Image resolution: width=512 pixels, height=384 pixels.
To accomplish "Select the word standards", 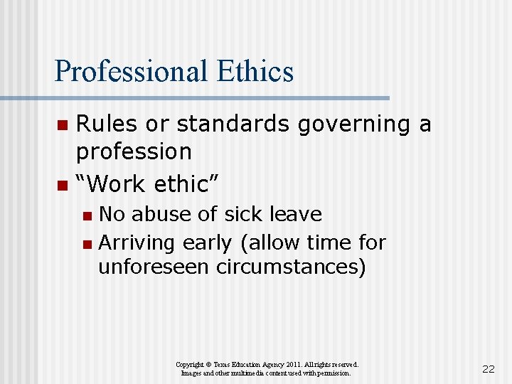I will [235, 124].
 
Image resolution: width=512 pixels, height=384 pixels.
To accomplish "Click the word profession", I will [134, 152].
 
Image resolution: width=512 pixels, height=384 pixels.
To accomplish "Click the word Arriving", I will [137, 243].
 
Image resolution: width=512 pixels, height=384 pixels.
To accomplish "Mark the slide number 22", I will [488, 368].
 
